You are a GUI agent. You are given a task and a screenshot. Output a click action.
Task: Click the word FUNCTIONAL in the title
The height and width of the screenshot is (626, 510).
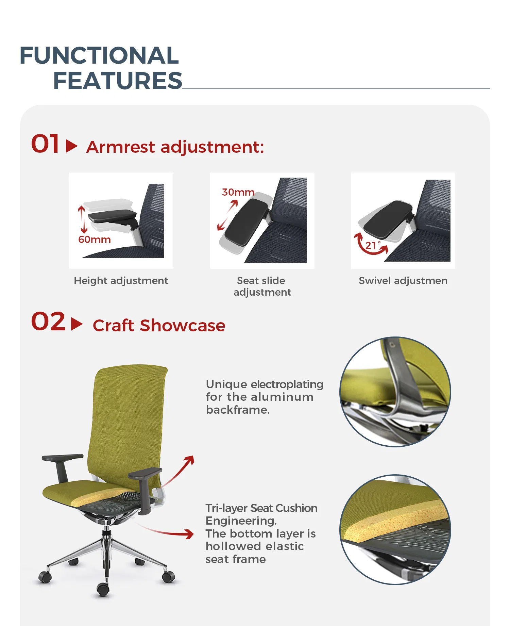99,55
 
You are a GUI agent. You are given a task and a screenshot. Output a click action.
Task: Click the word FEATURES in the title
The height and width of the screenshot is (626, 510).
118,81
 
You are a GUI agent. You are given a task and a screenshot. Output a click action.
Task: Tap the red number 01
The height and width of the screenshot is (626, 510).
46,144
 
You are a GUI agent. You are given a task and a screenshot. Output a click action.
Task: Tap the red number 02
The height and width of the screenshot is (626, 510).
48,322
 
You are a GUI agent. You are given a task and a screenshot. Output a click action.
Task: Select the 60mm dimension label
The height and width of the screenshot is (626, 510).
95,240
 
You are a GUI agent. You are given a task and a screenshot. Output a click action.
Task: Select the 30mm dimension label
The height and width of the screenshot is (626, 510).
238,192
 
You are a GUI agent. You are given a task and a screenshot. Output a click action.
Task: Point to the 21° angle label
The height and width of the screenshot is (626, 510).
371,245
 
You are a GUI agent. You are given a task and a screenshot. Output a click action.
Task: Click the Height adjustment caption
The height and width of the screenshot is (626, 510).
121,281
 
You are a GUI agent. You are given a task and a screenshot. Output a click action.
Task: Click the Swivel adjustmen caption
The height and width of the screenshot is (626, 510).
403,281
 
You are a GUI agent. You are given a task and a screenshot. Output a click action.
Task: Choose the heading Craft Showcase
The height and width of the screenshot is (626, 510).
159,326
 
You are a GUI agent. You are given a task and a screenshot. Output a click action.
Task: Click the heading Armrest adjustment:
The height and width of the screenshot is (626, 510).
175,147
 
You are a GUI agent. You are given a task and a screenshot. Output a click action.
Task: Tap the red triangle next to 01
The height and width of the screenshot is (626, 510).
71,146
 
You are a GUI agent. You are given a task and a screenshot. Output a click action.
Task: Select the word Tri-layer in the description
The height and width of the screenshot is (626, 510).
226,508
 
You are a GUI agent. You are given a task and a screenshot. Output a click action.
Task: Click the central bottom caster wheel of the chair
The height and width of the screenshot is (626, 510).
103,589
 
